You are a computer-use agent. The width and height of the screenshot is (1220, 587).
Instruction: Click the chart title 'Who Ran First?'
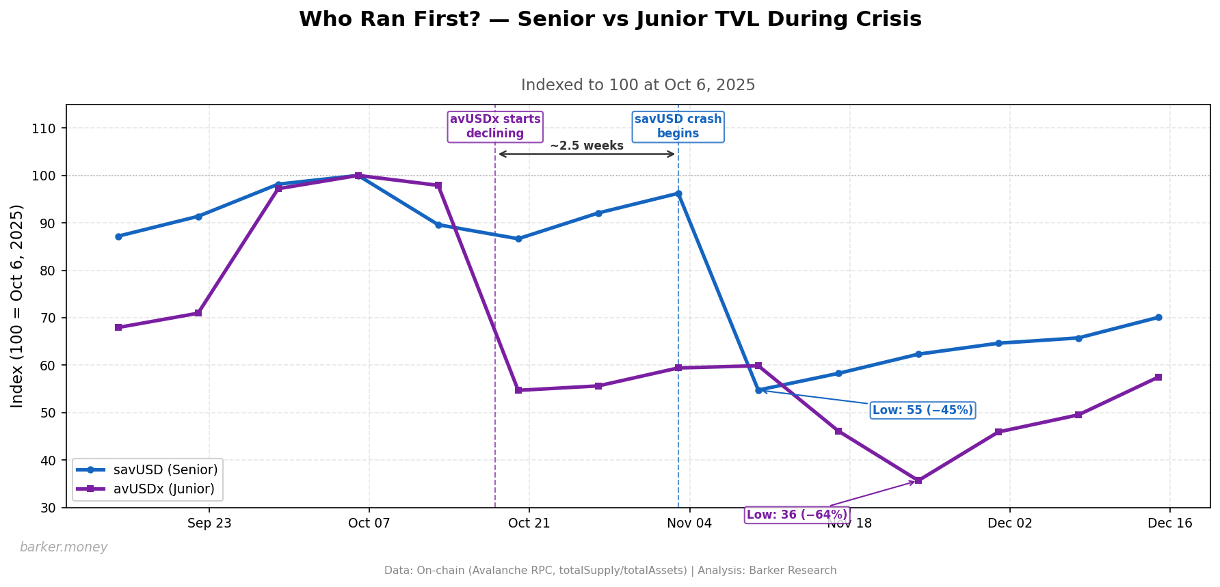coord(610,19)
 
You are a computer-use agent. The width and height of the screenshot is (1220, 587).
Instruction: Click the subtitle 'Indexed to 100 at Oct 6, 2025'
coord(638,85)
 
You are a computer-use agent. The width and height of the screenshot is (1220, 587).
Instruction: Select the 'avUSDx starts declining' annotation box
coord(495,126)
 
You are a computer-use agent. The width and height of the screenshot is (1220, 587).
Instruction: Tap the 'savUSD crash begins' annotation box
coord(678,126)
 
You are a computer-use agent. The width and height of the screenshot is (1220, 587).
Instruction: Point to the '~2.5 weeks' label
coord(587,146)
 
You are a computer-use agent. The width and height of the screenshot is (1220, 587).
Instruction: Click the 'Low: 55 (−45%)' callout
coord(923,410)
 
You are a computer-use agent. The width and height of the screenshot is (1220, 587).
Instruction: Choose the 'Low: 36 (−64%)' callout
coord(797,515)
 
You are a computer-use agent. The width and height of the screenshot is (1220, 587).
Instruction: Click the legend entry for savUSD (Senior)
coord(165,469)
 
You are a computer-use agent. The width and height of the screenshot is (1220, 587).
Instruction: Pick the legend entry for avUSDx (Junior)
coord(164,489)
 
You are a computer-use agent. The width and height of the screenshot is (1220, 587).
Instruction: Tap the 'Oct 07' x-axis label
coord(369,523)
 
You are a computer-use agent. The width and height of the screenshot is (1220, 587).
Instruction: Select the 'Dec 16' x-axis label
coord(1169,523)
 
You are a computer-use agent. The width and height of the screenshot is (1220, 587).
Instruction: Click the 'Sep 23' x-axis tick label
coord(209,523)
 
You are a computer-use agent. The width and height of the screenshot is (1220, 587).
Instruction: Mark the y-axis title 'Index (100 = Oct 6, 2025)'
coord(18,305)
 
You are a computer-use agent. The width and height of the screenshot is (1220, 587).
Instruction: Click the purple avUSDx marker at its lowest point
coord(918,480)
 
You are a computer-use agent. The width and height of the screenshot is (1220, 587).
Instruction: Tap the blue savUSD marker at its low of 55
coord(758,390)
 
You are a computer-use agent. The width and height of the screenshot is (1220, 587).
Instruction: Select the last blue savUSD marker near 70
coord(1158,317)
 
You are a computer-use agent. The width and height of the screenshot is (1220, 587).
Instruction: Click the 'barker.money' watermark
coord(64,547)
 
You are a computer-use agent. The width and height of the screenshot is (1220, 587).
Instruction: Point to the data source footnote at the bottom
coord(610,571)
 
